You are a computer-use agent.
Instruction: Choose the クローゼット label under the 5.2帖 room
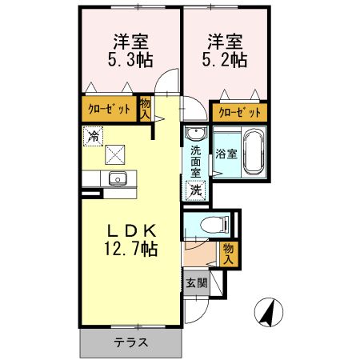[x=238, y=113]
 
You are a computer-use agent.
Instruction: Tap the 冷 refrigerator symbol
[x=94, y=137]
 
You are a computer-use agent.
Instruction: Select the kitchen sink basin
[x=117, y=178]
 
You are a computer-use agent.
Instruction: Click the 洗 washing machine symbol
[x=195, y=190]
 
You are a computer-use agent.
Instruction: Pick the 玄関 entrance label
[x=196, y=282]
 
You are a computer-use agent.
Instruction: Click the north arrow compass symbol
[x=270, y=310]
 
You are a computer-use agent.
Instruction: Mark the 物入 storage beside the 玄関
[x=227, y=254]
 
